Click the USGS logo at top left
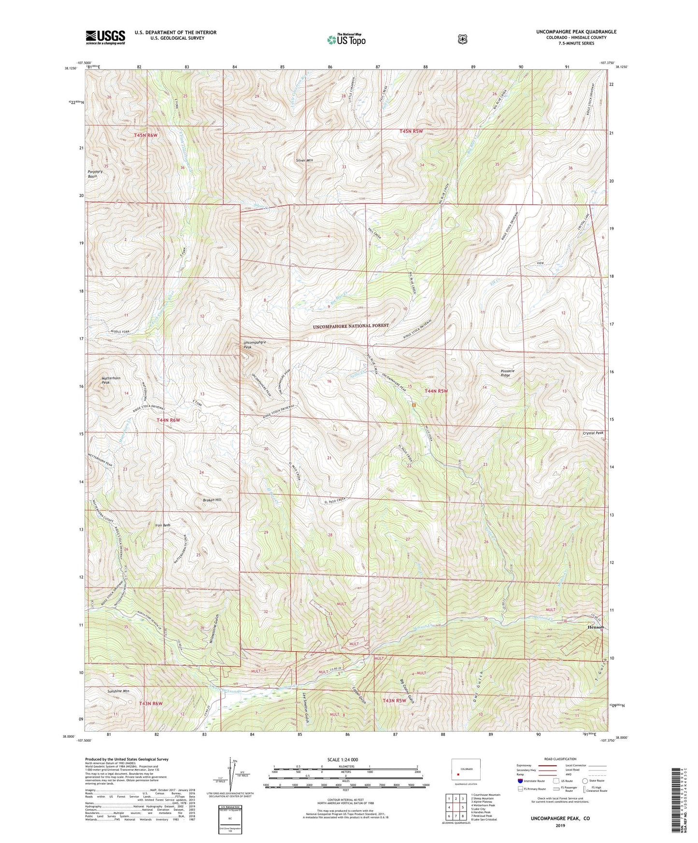tap(105, 37)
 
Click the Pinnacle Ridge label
tap(507, 373)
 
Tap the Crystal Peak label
tap(593, 433)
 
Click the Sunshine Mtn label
tap(118, 691)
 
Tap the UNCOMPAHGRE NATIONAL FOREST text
tap(351, 326)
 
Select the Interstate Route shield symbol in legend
tap(520, 794)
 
